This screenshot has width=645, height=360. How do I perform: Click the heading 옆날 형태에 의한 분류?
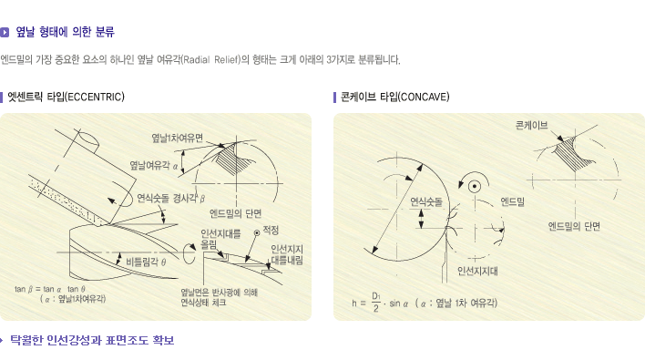coord(65,32)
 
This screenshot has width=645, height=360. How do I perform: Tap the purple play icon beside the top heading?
coord(5,32)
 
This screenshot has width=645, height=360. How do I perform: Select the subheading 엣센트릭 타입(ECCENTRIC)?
coord(66,98)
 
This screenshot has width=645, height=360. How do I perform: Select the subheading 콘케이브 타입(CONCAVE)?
coord(394,98)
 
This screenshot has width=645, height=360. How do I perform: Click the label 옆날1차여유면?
coord(178,138)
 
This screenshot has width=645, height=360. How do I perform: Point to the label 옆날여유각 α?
coord(154,165)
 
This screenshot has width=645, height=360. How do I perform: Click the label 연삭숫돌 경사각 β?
coord(170,199)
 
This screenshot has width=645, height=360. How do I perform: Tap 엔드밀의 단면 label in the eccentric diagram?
coord(235,213)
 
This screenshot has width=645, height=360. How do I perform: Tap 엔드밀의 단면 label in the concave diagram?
coord(574,226)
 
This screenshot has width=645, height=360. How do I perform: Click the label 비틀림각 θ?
coord(146,262)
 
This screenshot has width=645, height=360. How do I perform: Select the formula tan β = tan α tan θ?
coord(50,289)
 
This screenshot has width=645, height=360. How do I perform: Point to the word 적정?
coord(271,231)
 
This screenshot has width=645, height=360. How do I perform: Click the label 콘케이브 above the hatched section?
coord(531,125)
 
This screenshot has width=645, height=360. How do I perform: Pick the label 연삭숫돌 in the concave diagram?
coord(426,202)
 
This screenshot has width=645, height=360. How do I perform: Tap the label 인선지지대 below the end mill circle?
coord(477,271)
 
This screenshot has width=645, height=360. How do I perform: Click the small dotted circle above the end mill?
coord(475,186)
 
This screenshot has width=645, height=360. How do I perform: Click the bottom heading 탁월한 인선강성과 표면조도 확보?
coord(92,341)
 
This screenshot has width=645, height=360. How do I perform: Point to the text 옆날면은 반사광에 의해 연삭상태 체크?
coord(220,297)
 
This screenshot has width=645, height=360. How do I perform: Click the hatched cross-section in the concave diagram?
coord(571,154)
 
